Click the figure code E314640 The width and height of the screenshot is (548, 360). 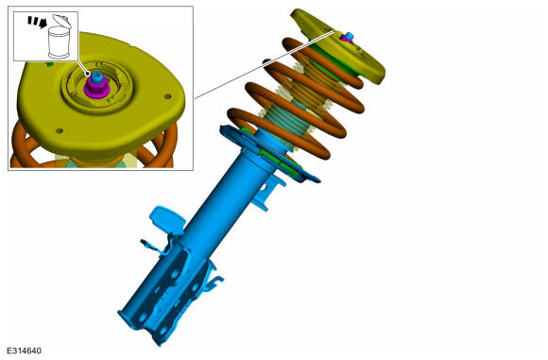click(24, 351)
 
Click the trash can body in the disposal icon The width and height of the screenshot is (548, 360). click(60, 43)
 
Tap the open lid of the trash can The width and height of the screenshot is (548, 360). click(61, 21)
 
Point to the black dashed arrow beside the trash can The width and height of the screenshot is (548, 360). click(38, 22)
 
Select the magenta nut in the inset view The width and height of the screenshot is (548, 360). click(96, 87)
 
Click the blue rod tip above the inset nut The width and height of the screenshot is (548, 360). click(96, 76)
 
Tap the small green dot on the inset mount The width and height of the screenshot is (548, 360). click(49, 64)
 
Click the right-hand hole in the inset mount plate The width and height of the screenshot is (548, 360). click(168, 96)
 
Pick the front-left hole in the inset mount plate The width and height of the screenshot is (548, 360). click(60, 130)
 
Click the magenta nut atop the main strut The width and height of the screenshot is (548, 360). click(347, 40)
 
